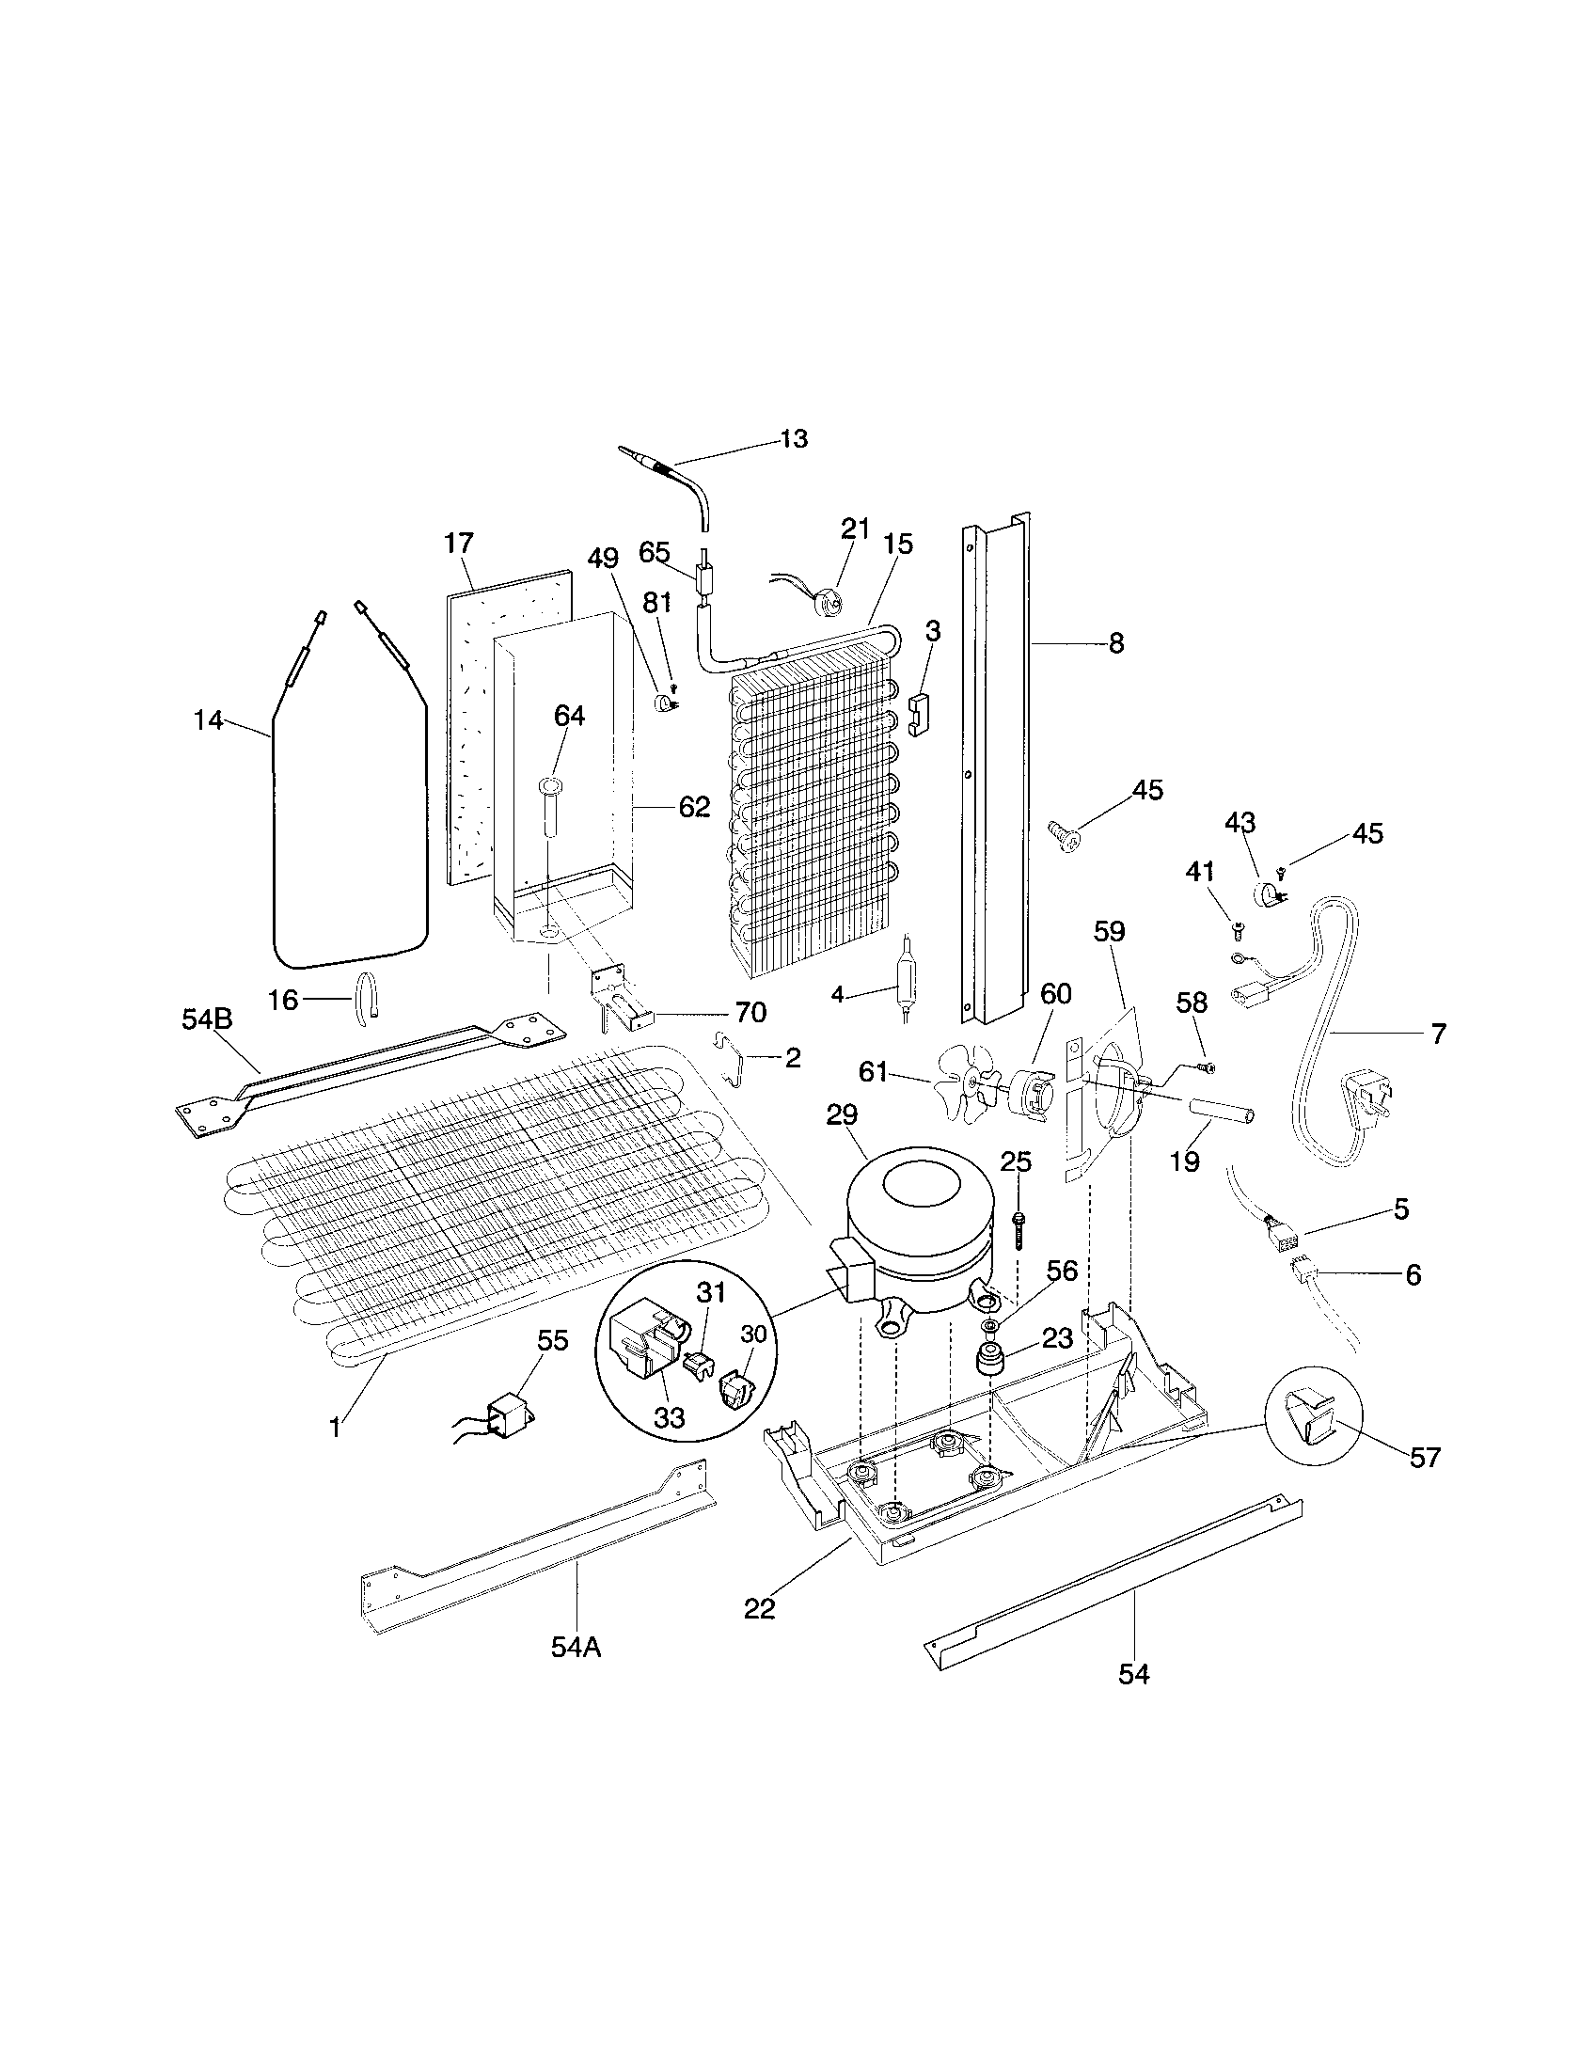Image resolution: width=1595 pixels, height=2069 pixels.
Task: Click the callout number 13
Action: click(794, 438)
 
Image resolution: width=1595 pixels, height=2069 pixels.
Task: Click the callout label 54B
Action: click(207, 1019)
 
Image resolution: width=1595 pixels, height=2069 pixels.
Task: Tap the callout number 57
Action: click(1425, 1457)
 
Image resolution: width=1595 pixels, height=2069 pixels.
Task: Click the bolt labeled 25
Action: click(1018, 1226)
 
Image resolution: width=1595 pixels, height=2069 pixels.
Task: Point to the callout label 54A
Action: click(576, 1648)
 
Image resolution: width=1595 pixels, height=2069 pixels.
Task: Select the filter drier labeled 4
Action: click(904, 977)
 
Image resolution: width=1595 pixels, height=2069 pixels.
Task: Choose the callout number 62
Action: click(693, 806)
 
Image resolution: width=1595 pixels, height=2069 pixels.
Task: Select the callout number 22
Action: click(759, 1607)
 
